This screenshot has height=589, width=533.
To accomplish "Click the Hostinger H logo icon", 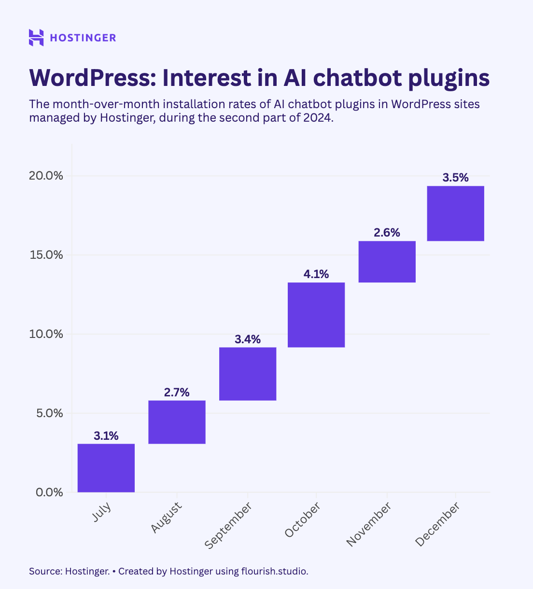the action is pos(36,38).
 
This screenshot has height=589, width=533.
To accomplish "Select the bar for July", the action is pos(106,468).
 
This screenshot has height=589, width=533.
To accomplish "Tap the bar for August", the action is pos(177,422).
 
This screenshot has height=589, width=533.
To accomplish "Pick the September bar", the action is pos(248,374).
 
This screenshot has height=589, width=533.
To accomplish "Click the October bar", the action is pos(316,315).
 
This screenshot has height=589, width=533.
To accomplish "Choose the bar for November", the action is pos(387,262).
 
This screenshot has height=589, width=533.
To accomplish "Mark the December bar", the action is pos(455,213).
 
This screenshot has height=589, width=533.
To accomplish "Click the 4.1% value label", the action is pos(316,274).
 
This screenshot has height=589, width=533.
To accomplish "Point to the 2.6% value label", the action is pos(387,233).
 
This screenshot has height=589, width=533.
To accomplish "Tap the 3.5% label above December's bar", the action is pos(455,178).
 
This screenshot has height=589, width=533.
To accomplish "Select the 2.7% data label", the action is pos(177,393).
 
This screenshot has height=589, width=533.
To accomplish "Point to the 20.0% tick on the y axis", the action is pos(46,176).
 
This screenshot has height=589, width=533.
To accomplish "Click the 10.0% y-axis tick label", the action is pos(46,334).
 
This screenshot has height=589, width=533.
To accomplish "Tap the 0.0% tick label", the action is pos(49,492).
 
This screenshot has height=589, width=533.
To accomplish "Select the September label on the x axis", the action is pos(228,526).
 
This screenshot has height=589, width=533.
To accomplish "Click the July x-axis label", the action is pos(101,512).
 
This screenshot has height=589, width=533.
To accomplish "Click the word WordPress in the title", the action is pos(93,78).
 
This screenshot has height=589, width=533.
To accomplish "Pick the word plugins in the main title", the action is pos(449,79).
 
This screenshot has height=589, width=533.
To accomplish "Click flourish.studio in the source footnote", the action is pos(275,571).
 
